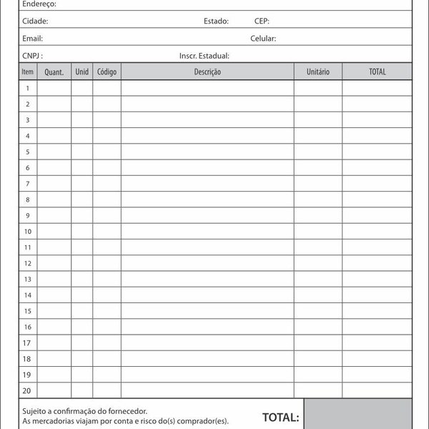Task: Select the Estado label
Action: (216, 21)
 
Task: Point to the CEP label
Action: (262, 21)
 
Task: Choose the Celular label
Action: (263, 39)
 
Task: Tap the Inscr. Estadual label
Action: (204, 56)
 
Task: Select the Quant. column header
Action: (54, 72)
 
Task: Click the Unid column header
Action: (82, 72)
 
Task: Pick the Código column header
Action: (107, 72)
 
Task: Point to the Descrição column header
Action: (207, 72)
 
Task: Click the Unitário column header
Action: (317, 72)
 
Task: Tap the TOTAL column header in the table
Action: (377, 72)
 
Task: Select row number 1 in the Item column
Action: (28, 88)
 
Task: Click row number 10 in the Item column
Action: (28, 232)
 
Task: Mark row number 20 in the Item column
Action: (28, 390)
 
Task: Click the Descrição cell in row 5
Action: (207, 152)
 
